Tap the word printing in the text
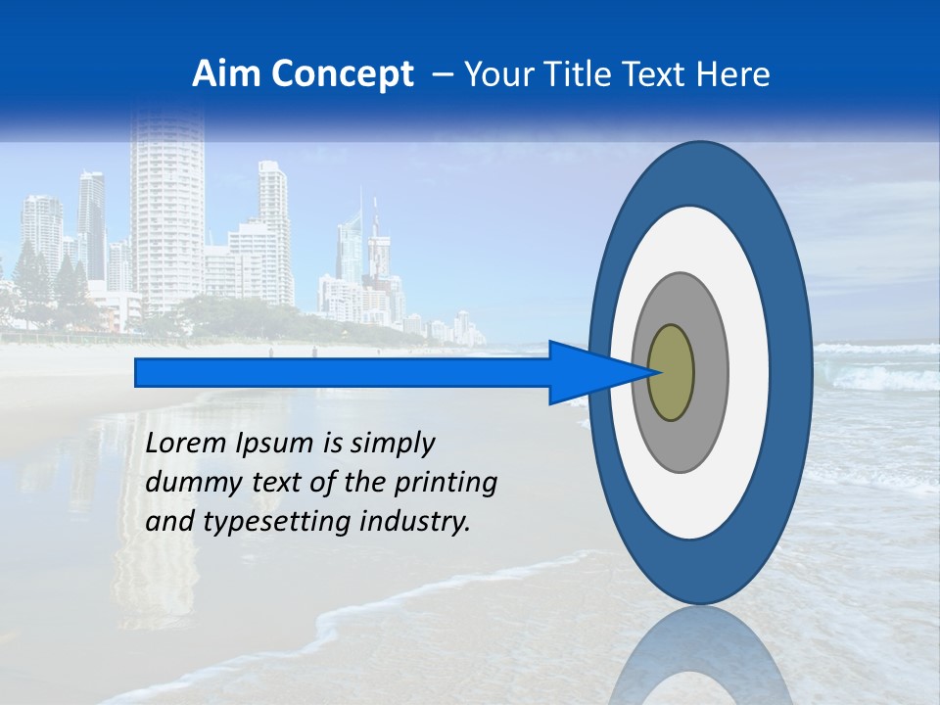point(451,483)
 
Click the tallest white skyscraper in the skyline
point(166,215)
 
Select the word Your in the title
point(497,74)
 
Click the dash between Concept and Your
point(442,74)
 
